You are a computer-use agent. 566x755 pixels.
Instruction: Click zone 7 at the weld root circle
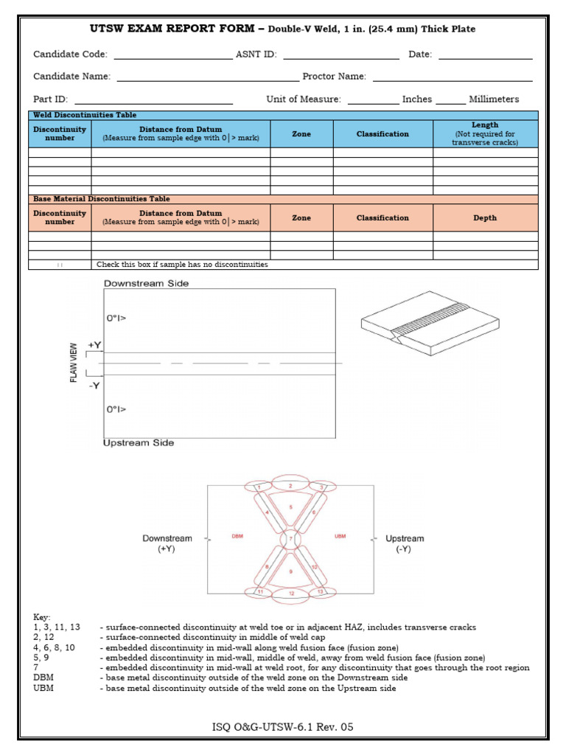pyautogui.click(x=290, y=540)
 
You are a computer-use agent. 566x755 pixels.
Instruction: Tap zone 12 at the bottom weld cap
pyautogui.click(x=292, y=593)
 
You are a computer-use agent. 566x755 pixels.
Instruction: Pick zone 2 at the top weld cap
pyautogui.click(x=290, y=486)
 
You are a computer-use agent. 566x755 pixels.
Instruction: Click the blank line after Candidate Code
pyautogui.click(x=172, y=56)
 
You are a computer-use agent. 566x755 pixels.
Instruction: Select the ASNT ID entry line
pyautogui.click(x=340, y=56)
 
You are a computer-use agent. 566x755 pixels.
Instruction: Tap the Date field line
pyautogui.click(x=485, y=56)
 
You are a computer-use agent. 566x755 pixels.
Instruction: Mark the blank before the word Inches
pyautogui.click(x=372, y=101)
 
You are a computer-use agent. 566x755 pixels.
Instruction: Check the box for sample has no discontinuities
pyautogui.click(x=60, y=265)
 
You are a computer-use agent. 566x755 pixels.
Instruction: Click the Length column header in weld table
pyautogui.click(x=485, y=133)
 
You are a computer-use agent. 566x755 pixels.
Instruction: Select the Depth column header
pyautogui.click(x=485, y=218)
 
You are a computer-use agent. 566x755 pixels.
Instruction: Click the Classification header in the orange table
pyautogui.click(x=382, y=218)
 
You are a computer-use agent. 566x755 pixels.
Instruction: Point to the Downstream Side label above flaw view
pyautogui.click(x=146, y=283)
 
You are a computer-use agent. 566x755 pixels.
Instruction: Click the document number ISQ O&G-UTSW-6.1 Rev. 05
pyautogui.click(x=283, y=728)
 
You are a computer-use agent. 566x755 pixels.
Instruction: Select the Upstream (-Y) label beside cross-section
pyautogui.click(x=405, y=544)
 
